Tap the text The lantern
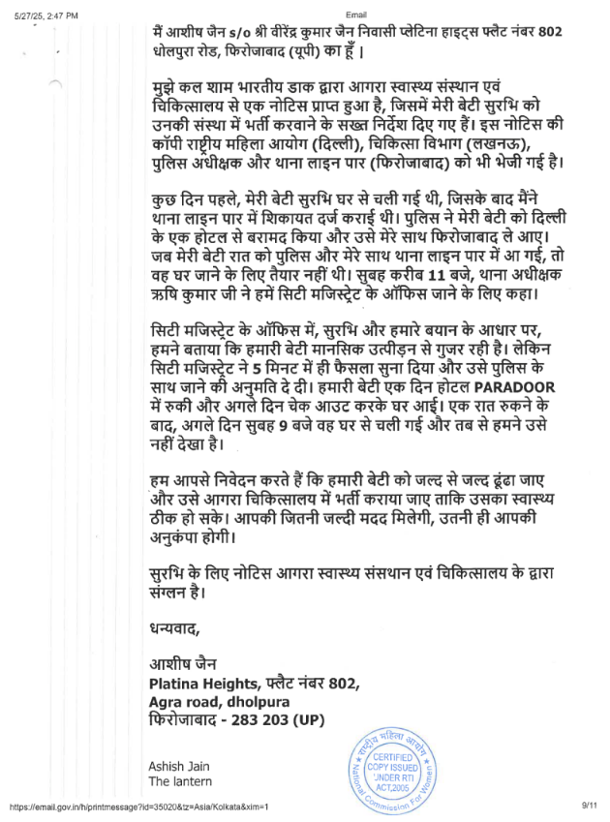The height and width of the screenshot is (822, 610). coord(180,781)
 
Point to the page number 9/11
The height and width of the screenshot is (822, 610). coord(591,806)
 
